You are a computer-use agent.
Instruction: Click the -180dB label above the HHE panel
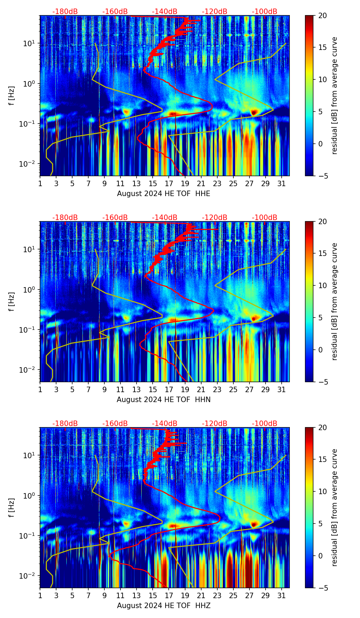(x=65, y=12)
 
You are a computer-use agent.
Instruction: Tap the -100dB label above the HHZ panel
(x=265, y=424)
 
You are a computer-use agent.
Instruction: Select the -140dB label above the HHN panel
(x=165, y=218)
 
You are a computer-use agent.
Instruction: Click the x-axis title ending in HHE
(x=164, y=194)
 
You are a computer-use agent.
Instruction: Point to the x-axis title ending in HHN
(x=164, y=400)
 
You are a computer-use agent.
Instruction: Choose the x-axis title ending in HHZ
(x=164, y=606)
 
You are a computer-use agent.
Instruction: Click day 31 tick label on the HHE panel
(x=282, y=183)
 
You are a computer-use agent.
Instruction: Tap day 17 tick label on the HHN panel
(x=169, y=389)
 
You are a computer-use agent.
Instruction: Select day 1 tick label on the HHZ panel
(x=40, y=595)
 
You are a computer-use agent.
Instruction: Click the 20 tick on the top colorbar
(x=322, y=16)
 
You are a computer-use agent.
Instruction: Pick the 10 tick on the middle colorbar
(x=322, y=286)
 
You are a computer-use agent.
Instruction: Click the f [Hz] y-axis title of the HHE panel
(x=12, y=95)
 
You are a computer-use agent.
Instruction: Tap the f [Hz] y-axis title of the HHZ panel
(x=12, y=507)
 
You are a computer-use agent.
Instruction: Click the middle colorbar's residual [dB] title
(x=335, y=301)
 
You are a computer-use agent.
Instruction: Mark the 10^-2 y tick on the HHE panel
(x=28, y=164)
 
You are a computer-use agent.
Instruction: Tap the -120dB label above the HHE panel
(x=215, y=12)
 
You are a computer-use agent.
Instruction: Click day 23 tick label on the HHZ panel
(x=217, y=595)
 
